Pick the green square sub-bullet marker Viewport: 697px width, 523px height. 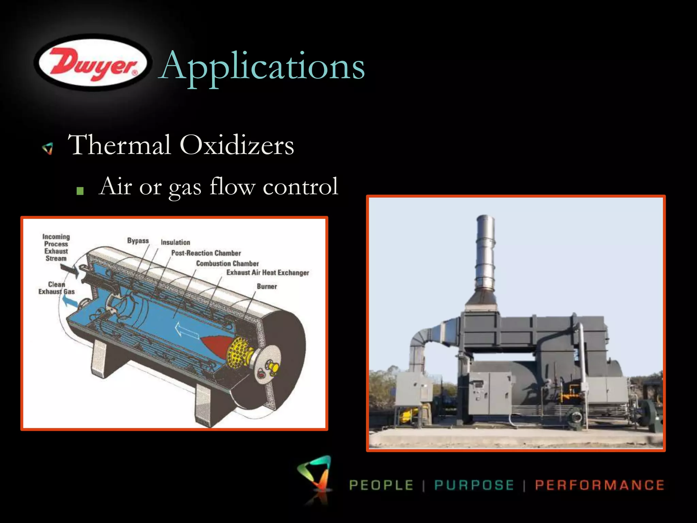point(80,191)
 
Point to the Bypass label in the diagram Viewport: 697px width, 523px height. point(138,241)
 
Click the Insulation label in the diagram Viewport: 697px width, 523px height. point(175,242)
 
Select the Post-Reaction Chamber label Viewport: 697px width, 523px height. point(206,253)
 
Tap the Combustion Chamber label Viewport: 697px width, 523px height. point(227,264)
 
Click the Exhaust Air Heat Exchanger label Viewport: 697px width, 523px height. point(268,272)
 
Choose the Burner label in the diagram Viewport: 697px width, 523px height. point(267,286)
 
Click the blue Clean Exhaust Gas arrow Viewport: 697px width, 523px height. point(70,301)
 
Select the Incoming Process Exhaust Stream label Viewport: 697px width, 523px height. point(56,248)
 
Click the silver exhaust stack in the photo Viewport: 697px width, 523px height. point(485,255)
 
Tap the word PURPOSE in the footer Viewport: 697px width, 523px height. point(474,485)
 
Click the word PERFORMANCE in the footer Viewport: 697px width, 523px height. point(599,485)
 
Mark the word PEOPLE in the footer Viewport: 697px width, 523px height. point(381,485)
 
